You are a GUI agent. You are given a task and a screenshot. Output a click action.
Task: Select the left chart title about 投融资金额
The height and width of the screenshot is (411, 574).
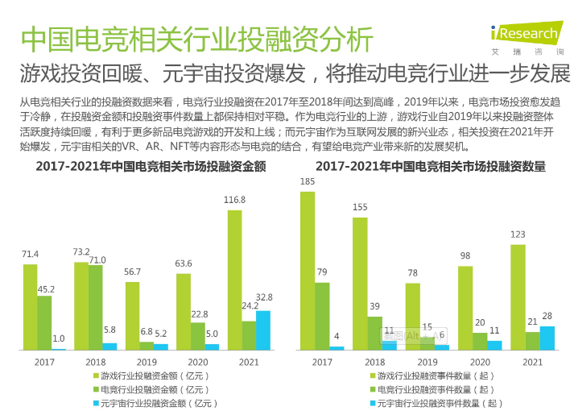coord(151,167)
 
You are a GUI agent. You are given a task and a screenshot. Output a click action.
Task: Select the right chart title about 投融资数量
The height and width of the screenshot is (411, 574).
coord(430,167)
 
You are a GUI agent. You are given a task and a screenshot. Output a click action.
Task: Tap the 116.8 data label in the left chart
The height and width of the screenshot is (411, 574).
coord(234,199)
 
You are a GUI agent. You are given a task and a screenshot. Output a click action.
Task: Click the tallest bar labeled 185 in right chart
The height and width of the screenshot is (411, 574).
coord(308,270)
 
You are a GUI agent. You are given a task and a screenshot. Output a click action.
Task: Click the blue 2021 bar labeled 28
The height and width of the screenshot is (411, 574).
coord(547,338)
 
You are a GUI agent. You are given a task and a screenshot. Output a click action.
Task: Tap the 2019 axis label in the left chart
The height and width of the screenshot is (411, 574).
coord(147,363)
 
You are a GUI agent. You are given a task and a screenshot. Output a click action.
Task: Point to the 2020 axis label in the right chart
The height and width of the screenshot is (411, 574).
coord(481,363)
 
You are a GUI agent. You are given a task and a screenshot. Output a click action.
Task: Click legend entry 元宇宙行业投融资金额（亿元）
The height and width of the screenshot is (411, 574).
coord(157,402)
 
